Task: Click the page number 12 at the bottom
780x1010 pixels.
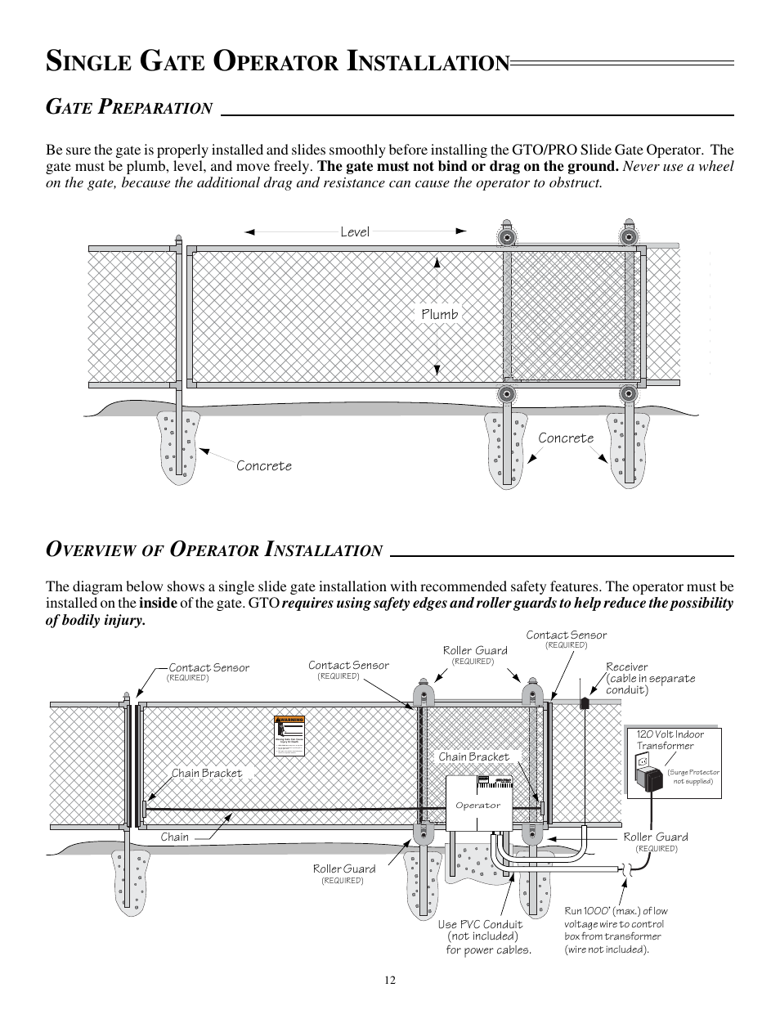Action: point(390,981)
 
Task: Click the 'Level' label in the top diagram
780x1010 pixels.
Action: point(355,232)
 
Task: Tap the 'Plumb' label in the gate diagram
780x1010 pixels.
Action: point(440,314)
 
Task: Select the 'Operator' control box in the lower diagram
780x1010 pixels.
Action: point(478,805)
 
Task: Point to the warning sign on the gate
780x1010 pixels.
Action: point(289,736)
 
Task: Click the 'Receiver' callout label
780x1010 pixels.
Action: point(627,667)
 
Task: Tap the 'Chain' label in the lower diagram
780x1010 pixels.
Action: point(175,837)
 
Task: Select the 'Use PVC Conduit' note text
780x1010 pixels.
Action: point(480,924)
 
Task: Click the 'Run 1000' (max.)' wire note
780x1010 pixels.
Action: point(616,911)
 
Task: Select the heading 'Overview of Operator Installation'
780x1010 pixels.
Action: point(214,550)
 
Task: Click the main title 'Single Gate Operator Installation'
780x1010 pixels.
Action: point(277,61)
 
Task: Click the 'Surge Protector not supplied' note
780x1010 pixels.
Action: point(693,776)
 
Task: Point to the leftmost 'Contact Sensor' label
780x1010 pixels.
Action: point(208,667)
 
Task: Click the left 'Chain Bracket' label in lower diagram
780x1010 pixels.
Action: point(207,773)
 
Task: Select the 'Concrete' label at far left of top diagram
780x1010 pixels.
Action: point(264,465)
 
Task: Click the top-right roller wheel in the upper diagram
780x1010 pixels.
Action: point(628,237)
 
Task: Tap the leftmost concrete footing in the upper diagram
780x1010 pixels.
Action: point(179,447)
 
